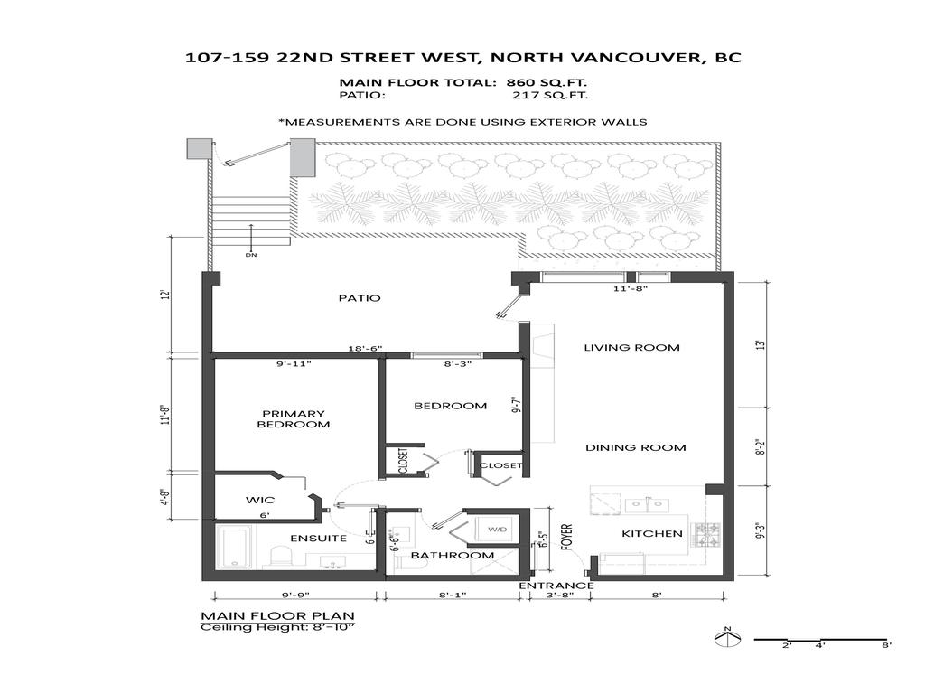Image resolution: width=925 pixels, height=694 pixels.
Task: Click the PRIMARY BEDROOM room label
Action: click(294, 419)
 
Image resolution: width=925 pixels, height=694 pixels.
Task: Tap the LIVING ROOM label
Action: click(631, 347)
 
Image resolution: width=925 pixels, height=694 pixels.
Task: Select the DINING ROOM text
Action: click(635, 447)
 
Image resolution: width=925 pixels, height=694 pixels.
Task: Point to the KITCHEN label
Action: click(652, 533)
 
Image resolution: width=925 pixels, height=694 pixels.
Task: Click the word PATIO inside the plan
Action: click(360, 298)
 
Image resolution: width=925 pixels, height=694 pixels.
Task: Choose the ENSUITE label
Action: click(318, 539)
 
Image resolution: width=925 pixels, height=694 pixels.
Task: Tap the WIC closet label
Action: click(259, 500)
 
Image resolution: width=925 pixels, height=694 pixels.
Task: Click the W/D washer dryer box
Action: click(499, 530)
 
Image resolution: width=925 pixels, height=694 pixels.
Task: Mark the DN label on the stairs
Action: click(251, 255)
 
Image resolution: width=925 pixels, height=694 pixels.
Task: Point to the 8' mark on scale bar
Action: click(886, 645)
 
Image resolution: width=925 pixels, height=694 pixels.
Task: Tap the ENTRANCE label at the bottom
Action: click(556, 586)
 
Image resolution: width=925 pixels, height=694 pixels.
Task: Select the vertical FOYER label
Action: click(566, 535)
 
